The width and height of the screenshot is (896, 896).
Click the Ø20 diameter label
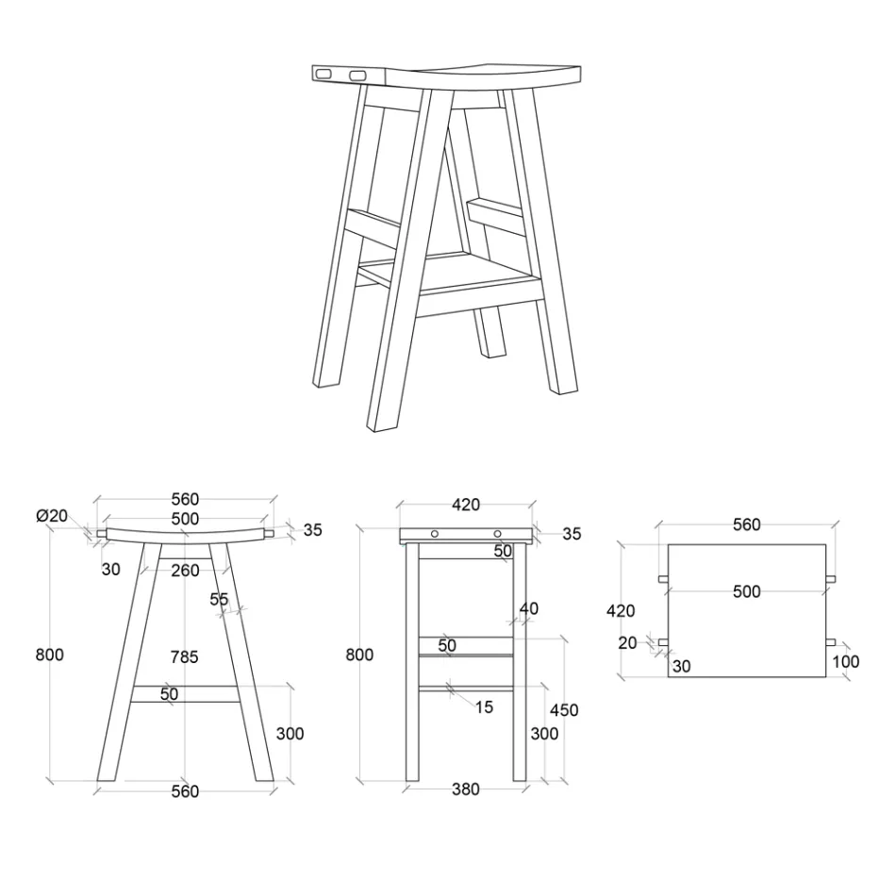[52, 516]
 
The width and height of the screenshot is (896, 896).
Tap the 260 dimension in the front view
[185, 570]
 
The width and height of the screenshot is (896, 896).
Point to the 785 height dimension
[185, 657]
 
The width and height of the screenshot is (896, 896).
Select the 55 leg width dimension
[219, 599]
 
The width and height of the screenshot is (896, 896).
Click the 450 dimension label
[564, 710]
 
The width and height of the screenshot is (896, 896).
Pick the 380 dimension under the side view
[466, 789]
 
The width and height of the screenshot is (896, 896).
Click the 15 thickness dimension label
[483, 707]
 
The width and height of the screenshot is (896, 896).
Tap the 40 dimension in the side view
[528, 609]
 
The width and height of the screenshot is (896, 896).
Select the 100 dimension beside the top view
[846, 662]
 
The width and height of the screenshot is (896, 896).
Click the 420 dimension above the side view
[466, 505]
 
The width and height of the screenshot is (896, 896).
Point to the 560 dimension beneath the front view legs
[185, 791]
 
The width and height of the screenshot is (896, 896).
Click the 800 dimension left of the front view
[49, 655]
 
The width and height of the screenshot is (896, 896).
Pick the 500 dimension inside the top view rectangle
[746, 591]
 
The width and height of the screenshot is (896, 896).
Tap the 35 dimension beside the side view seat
[572, 534]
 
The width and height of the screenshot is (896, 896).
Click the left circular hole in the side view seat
[435, 535]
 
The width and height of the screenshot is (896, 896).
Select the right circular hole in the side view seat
[497, 535]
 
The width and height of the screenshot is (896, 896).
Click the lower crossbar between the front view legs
[185, 694]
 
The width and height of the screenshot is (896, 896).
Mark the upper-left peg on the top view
[663, 578]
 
